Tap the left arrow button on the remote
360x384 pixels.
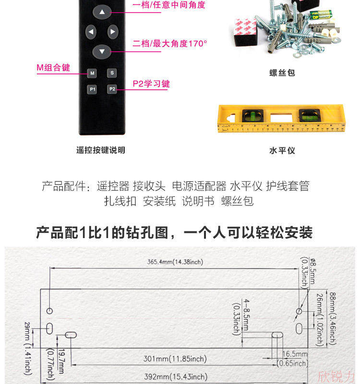91,32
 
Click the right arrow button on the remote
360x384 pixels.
112,32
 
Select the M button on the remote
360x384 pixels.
92,73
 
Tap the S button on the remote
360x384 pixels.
112,73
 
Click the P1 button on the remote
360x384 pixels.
92,89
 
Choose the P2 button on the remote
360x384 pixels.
112,89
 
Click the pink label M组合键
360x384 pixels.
53,68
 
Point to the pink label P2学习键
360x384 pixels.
151,84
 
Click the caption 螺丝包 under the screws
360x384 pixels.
282,73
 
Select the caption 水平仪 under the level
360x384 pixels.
282,150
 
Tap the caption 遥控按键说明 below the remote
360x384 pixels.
101,150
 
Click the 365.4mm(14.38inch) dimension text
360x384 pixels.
175,262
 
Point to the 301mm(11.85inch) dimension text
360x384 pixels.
176,359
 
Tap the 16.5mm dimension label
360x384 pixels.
294,354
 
